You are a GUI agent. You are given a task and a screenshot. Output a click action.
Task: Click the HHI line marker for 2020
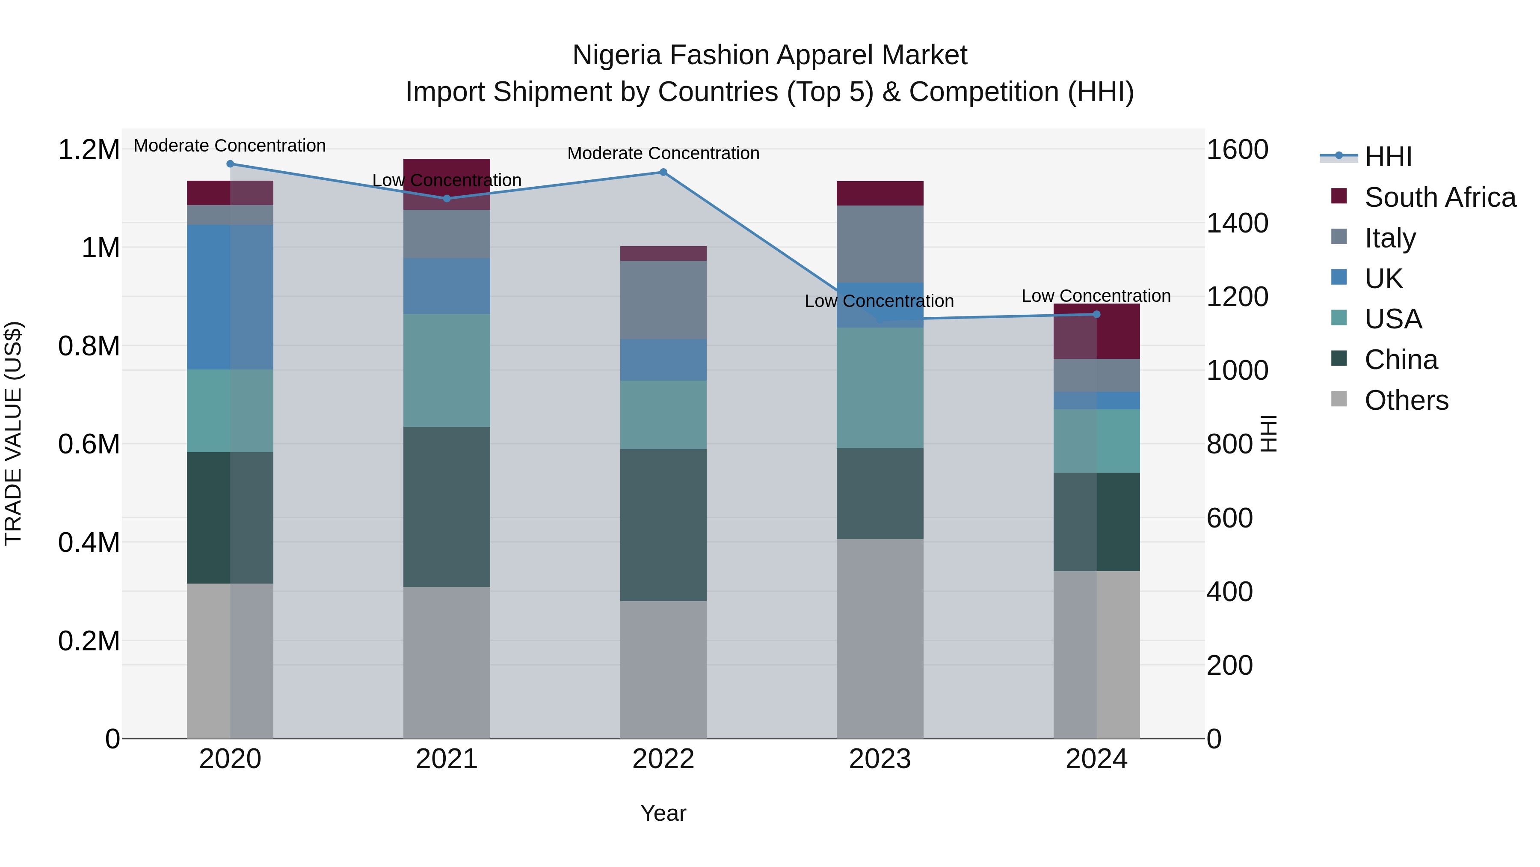pyautogui.click(x=230, y=164)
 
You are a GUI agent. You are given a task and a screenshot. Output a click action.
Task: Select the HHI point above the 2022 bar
pyautogui.click(x=663, y=172)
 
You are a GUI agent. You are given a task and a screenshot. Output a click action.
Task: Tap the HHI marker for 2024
pyautogui.click(x=1096, y=314)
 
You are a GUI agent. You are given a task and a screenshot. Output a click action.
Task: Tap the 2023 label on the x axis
pyautogui.click(x=880, y=759)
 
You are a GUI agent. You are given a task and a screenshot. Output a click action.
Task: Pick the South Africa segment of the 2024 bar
pyautogui.click(x=1096, y=331)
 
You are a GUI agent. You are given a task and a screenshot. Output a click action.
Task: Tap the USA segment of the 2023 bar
pyautogui.click(x=880, y=388)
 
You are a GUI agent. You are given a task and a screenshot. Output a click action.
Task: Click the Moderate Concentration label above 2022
pyautogui.click(x=663, y=154)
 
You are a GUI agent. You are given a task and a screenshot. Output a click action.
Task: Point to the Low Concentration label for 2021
pyautogui.click(x=447, y=180)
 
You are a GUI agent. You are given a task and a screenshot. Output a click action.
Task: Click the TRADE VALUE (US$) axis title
pyautogui.click(x=13, y=433)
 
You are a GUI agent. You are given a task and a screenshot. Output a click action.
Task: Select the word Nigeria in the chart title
pyautogui.click(x=616, y=56)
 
